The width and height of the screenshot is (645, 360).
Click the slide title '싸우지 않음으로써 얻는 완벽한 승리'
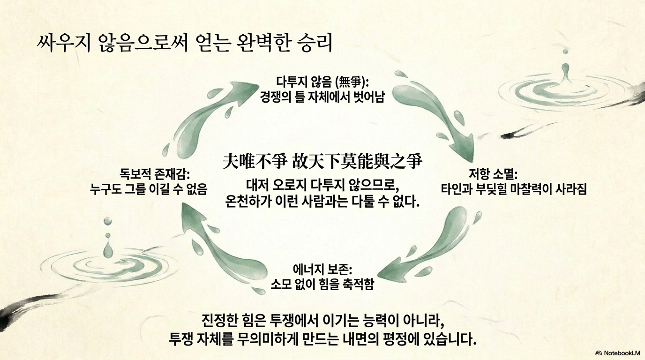tap(185, 43)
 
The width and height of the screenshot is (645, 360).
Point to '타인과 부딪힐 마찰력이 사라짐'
tap(514, 189)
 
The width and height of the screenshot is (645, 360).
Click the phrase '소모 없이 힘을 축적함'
tap(322, 284)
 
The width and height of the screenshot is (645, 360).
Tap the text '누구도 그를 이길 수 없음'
tap(149, 189)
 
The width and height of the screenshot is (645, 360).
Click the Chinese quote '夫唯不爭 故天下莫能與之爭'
tap(322, 162)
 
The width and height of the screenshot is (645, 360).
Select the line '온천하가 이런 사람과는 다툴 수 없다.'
tap(322, 203)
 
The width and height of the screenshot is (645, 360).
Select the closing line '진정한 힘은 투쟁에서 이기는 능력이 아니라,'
tap(322, 321)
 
